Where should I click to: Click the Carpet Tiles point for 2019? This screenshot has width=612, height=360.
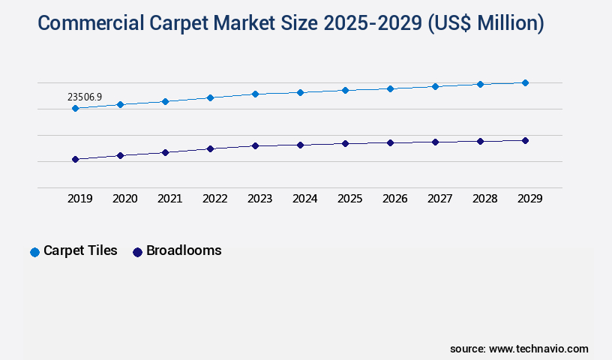pos(75,108)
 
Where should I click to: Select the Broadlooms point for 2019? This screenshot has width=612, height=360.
pos(75,159)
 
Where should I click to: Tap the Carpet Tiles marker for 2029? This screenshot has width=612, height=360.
pos(525,82)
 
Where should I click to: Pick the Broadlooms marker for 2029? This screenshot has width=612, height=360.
pos(525,140)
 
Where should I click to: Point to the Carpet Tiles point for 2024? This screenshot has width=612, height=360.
pos(300,92)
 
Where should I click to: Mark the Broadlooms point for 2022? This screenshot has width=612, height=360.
pos(210,148)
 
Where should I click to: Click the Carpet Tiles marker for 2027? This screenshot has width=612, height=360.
pos(435,86)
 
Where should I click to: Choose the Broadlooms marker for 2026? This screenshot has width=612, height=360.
pos(390,142)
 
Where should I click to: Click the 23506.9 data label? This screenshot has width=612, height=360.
pos(85,97)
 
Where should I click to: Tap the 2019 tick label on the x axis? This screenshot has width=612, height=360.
pos(80,199)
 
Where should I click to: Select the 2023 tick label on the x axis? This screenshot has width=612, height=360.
pos(260,199)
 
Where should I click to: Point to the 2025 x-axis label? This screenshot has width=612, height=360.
pos(350,199)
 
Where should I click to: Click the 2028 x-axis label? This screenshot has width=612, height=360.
pos(485,199)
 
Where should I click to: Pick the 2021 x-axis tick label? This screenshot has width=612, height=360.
pos(170,199)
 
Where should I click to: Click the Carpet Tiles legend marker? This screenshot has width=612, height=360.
pos(34,252)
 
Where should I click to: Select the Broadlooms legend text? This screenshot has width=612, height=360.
pos(184,250)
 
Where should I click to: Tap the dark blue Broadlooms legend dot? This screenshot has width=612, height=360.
pos(137,252)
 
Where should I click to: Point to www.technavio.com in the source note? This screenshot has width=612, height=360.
pos(538,349)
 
